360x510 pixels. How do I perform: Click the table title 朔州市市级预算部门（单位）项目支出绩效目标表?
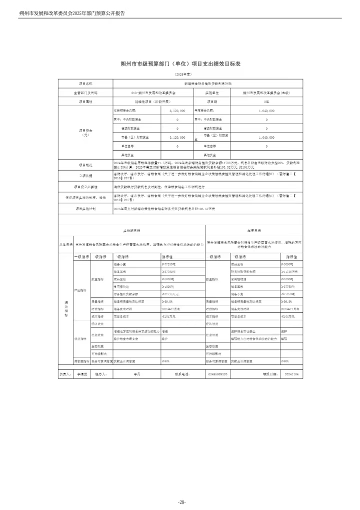pyautogui.click(x=180, y=64)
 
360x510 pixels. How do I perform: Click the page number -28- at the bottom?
pyautogui.click(x=181, y=502)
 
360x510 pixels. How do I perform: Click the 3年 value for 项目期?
pyautogui.click(x=266, y=101)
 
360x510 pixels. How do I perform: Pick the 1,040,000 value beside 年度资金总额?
pyautogui.click(x=266, y=110)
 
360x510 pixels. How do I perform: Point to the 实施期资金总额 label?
pyautogui.click(x=125, y=110)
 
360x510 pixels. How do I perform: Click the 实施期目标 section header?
pyautogui.click(x=131, y=231)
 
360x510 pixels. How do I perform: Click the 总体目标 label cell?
pyautogui.click(x=66, y=244)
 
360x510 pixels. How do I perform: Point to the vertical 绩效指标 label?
pyautogui.click(x=66, y=307)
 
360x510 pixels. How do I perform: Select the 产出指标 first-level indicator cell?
pyautogui.click(x=81, y=290)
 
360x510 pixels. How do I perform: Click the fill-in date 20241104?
pyautogui.click(x=290, y=373)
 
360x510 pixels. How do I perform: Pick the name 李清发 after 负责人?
pyautogui.click(x=81, y=373)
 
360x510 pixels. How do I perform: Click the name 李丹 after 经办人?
pyautogui.click(x=137, y=373)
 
